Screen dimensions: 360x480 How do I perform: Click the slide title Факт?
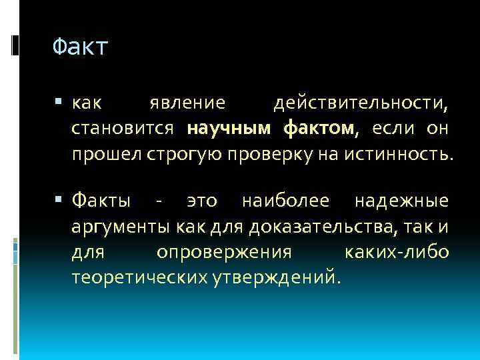tap(79, 47)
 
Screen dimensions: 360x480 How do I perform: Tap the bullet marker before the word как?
tap(61, 104)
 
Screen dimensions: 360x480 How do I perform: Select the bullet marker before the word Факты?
tap(61, 199)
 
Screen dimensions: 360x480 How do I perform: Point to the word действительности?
tap(361, 104)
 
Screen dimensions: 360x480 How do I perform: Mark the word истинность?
tap(396, 154)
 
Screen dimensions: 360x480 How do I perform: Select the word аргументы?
tap(121, 227)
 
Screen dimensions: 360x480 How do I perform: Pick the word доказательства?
tap(319, 227)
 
